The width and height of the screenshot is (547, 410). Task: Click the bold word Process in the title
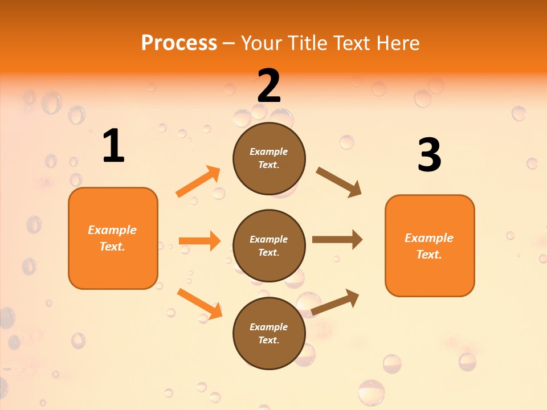[179, 43]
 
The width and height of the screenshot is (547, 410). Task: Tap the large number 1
[113, 146]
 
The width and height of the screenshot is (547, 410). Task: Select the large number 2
[269, 86]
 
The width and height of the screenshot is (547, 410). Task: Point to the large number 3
[429, 155]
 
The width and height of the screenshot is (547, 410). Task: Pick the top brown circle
[269, 158]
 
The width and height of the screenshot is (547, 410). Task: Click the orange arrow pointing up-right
[198, 182]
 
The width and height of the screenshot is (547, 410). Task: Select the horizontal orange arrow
[199, 241]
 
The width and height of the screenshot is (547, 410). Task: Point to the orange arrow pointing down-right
[199, 304]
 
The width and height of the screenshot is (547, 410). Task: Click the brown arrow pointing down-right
[339, 182]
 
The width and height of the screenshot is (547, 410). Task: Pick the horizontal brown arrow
[337, 240]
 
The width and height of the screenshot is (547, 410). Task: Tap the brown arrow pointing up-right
[336, 302]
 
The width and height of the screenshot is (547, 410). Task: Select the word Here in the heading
[398, 43]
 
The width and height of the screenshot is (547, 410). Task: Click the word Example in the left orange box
[112, 230]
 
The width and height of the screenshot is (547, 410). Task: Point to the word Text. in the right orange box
[429, 255]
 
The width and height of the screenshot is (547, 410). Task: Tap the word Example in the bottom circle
[269, 327]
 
